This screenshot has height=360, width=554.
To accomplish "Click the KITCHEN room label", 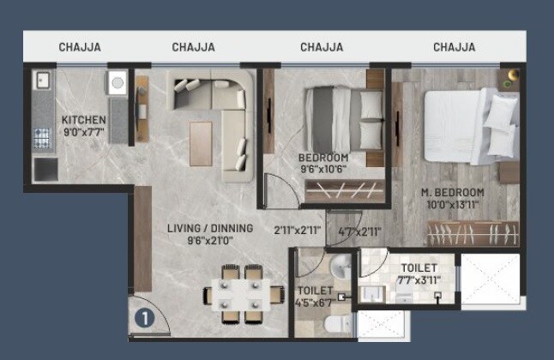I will [x=83, y=126].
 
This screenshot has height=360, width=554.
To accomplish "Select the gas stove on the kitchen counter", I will [x=41, y=137].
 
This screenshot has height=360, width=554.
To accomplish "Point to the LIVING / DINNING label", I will [x=210, y=234].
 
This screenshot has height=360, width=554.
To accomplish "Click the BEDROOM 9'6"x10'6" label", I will [x=322, y=164].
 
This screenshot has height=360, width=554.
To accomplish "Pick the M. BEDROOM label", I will [x=454, y=197].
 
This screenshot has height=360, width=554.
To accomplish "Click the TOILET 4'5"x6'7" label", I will [x=315, y=296].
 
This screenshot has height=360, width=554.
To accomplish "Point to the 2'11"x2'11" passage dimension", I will [x=297, y=230].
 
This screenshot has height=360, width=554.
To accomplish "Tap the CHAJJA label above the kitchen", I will [x=80, y=47].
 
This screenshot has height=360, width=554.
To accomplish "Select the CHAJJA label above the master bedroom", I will [x=455, y=47].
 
